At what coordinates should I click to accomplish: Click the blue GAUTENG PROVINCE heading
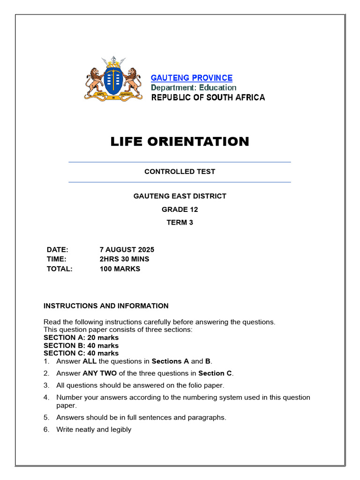pyautogui.click(x=191, y=78)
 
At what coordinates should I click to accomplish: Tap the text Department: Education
pyautogui.click(x=194, y=88)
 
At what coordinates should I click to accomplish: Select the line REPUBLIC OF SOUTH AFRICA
pyautogui.click(x=208, y=97)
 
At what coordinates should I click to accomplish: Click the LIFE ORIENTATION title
pyautogui.click(x=180, y=142)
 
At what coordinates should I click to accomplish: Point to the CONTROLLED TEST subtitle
pyautogui.click(x=180, y=172)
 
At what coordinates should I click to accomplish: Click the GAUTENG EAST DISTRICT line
pyautogui.click(x=180, y=196)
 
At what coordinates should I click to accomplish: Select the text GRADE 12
pyautogui.click(x=180, y=210)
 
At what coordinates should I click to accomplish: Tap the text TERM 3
pyautogui.click(x=180, y=223)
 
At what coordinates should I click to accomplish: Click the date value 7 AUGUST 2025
pyautogui.click(x=127, y=249)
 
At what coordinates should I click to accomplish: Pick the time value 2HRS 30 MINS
pyautogui.click(x=125, y=259)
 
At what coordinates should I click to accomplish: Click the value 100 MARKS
pyautogui.click(x=120, y=269)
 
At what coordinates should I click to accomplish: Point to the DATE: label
pyautogui.click(x=57, y=249)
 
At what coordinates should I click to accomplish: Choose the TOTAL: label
pyautogui.click(x=60, y=269)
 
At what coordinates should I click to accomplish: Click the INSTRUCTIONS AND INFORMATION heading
pyautogui.click(x=106, y=306)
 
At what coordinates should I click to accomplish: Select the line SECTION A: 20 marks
pyautogui.click(x=81, y=337)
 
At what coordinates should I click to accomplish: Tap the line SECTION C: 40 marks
pyautogui.click(x=81, y=353)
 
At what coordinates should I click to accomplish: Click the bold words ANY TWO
pyautogui.click(x=97, y=374)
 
